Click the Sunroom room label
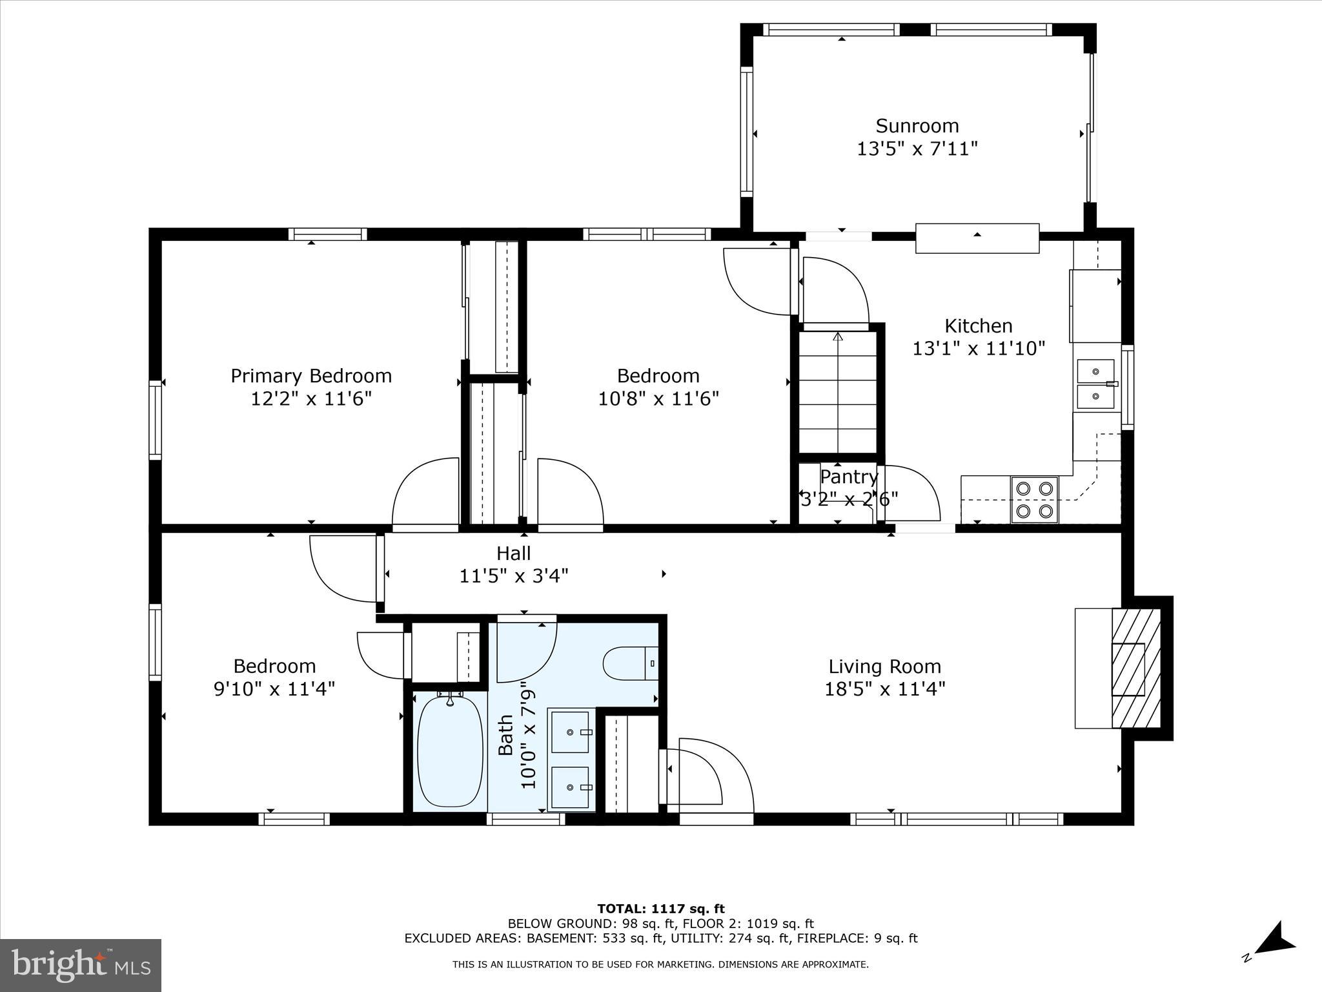(x=917, y=125)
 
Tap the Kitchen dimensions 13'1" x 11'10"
(x=978, y=349)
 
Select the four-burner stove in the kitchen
(x=1034, y=499)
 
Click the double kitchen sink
(x=1095, y=384)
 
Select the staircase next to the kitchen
(x=838, y=391)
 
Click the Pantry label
(x=848, y=477)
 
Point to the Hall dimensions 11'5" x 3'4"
(x=513, y=575)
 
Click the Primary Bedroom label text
(x=311, y=376)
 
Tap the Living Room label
(x=884, y=666)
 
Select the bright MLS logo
(x=80, y=965)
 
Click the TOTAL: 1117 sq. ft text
(x=660, y=909)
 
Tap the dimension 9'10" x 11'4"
(x=274, y=689)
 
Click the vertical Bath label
(x=505, y=734)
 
